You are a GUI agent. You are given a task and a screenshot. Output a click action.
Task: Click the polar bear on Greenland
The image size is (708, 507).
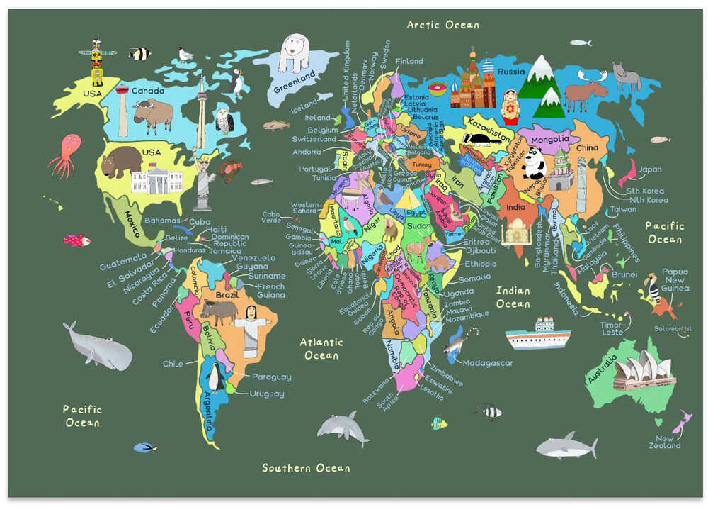[x=294, y=52]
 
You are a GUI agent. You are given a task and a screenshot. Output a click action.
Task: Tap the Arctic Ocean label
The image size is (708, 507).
[x=442, y=25]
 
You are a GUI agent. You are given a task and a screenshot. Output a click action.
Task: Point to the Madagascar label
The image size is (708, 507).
[x=488, y=363]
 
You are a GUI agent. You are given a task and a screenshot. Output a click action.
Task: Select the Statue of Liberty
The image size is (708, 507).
[x=204, y=182]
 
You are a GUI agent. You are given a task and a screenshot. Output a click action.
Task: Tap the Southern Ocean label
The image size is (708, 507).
[x=306, y=468]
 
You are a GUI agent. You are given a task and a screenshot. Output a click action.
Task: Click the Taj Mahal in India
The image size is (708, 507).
[x=516, y=231]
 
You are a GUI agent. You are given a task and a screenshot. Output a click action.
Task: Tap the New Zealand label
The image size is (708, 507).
[x=666, y=442]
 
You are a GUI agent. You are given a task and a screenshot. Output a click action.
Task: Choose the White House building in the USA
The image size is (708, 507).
[x=156, y=180]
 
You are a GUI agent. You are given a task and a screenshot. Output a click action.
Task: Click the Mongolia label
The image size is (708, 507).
[x=549, y=139]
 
